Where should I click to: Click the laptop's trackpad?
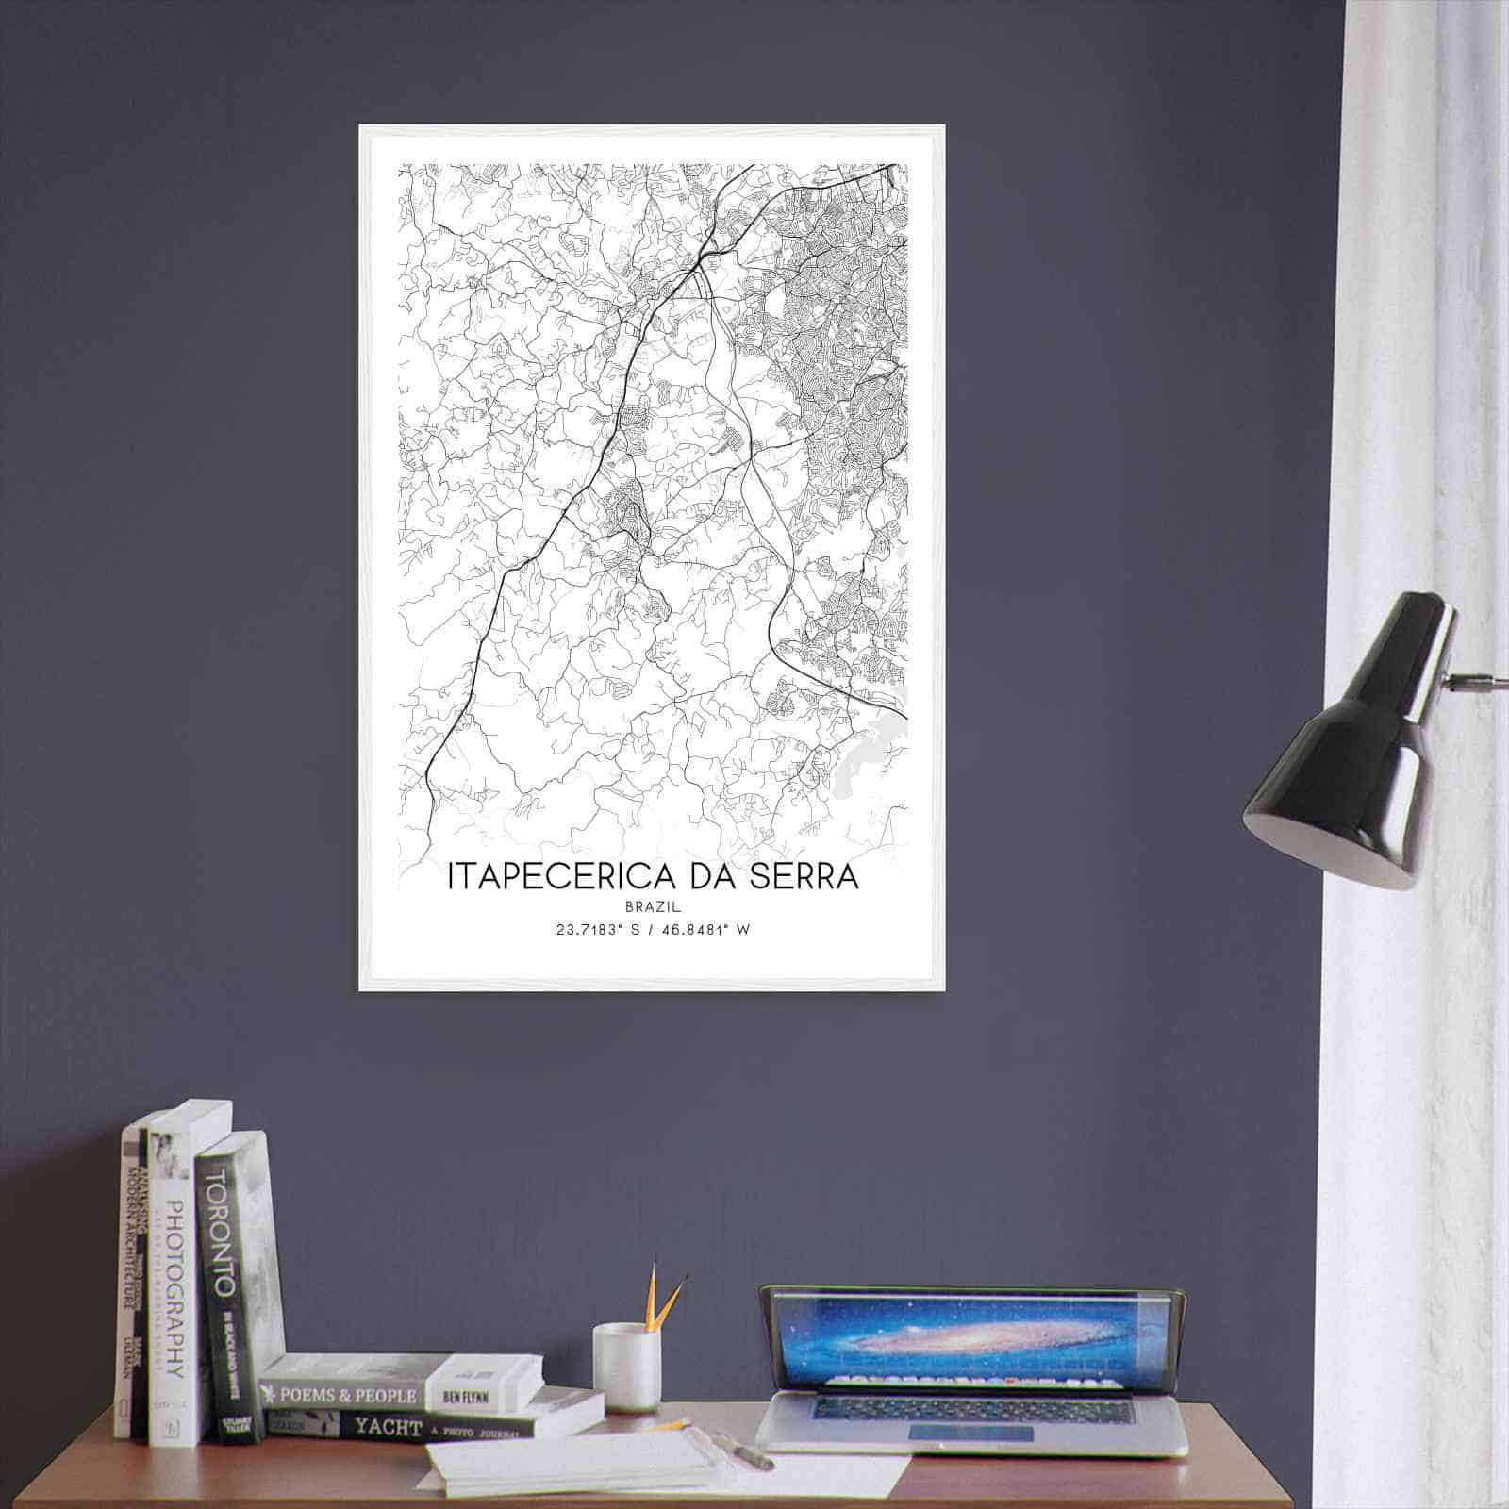(x=971, y=1434)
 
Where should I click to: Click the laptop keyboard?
(x=971, y=1408)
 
